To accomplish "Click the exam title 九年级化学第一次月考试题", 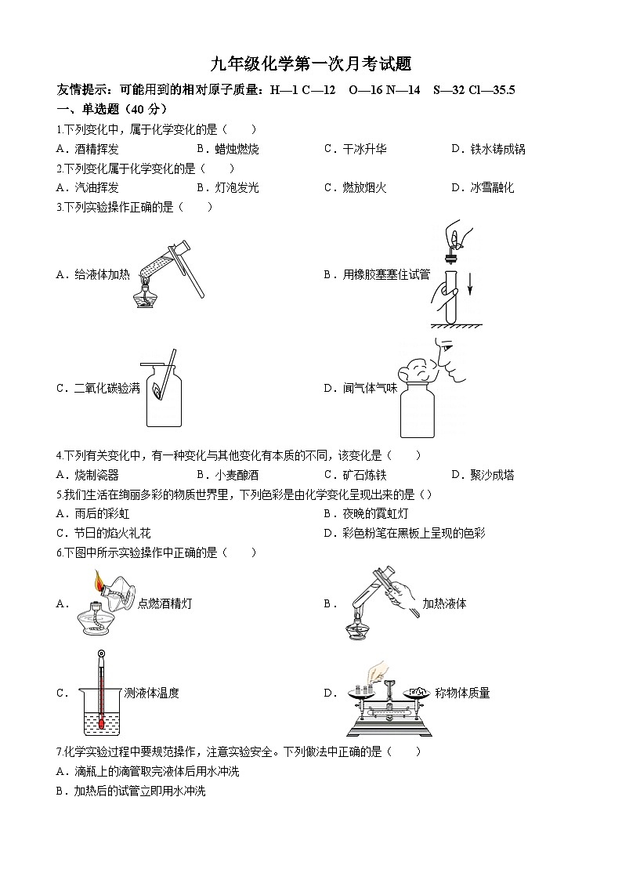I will [311, 64].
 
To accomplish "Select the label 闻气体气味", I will [360, 388].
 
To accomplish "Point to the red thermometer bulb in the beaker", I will [101, 715].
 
